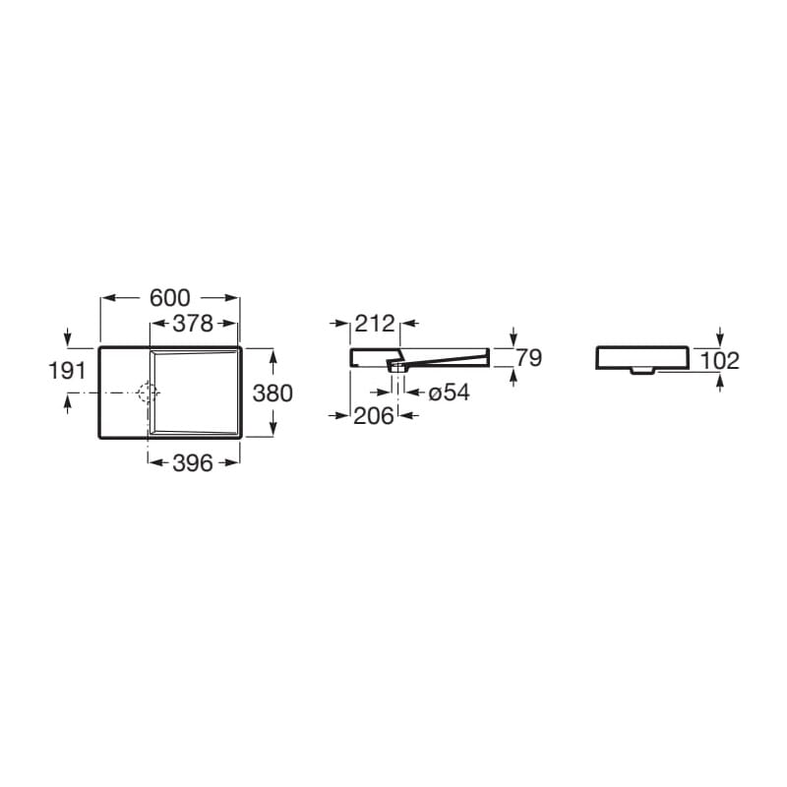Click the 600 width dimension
coord(170,298)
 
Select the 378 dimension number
coord(193,324)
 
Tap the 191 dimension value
coord(67,371)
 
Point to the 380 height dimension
coord(272,393)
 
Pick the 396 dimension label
coord(193,463)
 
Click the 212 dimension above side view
coord(375,324)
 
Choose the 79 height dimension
coord(529,358)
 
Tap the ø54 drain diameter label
coord(450,393)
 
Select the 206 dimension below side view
coord(374,415)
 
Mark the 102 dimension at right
coord(719,361)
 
